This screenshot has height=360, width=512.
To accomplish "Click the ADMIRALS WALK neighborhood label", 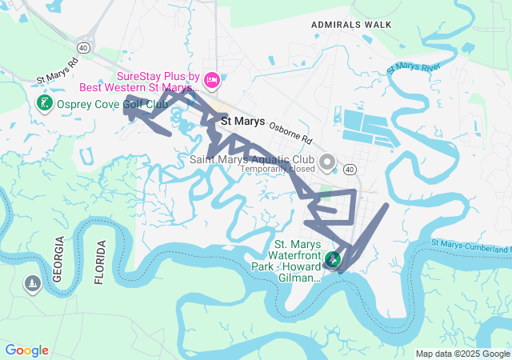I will click(x=352, y=25).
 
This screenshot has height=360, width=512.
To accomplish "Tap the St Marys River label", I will click(x=414, y=68).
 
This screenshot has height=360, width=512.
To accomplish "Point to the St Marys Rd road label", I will click(x=58, y=70).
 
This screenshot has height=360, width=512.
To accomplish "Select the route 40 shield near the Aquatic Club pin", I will click(x=350, y=169).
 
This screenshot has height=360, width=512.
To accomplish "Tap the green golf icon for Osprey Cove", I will click(x=45, y=103).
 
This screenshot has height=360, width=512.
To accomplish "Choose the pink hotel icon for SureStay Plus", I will click(x=212, y=79).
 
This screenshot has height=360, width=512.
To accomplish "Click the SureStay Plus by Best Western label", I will click(x=158, y=80).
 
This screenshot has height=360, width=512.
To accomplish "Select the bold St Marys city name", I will click(x=242, y=122).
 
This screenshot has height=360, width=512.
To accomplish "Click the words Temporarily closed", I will click(x=278, y=169).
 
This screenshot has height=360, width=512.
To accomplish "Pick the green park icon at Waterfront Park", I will click(x=332, y=260).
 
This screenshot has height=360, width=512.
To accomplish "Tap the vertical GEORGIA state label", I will click(x=58, y=261).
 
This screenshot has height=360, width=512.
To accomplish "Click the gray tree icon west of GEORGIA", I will click(x=32, y=284).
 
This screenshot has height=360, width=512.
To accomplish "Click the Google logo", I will click(x=26, y=350).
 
